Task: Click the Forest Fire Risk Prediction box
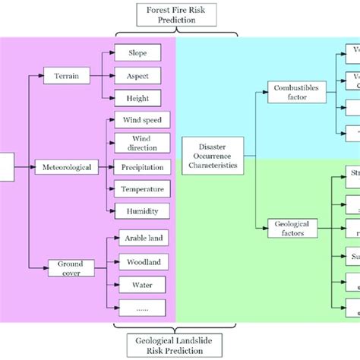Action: [x=175, y=15]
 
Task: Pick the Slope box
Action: [x=137, y=52]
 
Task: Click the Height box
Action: [x=137, y=97]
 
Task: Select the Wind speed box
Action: [x=142, y=120]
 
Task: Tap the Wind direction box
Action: [x=142, y=144]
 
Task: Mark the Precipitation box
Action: [x=142, y=167]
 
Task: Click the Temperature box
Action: [x=142, y=189]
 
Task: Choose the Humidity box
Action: [x=142, y=211]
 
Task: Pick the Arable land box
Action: [x=142, y=238]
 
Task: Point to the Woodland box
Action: [x=142, y=262]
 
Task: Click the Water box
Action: [x=142, y=285]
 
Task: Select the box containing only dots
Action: [x=142, y=308]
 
